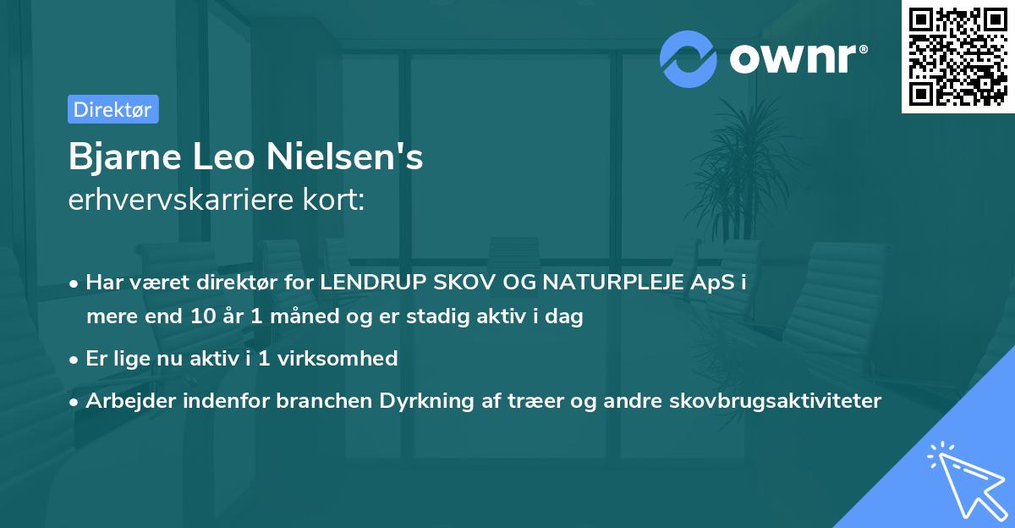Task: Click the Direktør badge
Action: coord(112,109)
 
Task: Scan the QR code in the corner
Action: coord(957,57)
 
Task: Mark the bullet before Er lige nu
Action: coord(75,359)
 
